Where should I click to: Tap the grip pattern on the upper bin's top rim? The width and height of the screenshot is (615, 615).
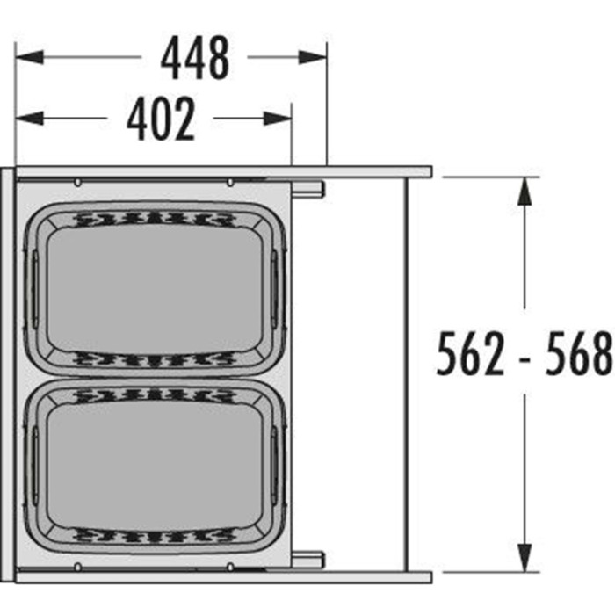156,218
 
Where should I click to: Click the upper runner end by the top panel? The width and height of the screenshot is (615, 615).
309,188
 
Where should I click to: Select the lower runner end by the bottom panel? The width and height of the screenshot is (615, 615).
309,557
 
